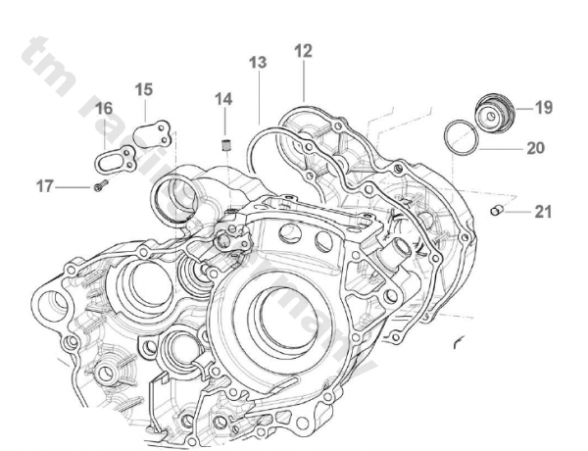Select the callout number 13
[x=258, y=63]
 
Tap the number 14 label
[x=224, y=99]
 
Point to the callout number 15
[x=144, y=89]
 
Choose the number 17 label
[x=45, y=184]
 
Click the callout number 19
[x=544, y=108]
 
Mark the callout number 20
[x=535, y=149]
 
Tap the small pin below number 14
[x=224, y=148]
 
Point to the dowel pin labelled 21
[x=497, y=211]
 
